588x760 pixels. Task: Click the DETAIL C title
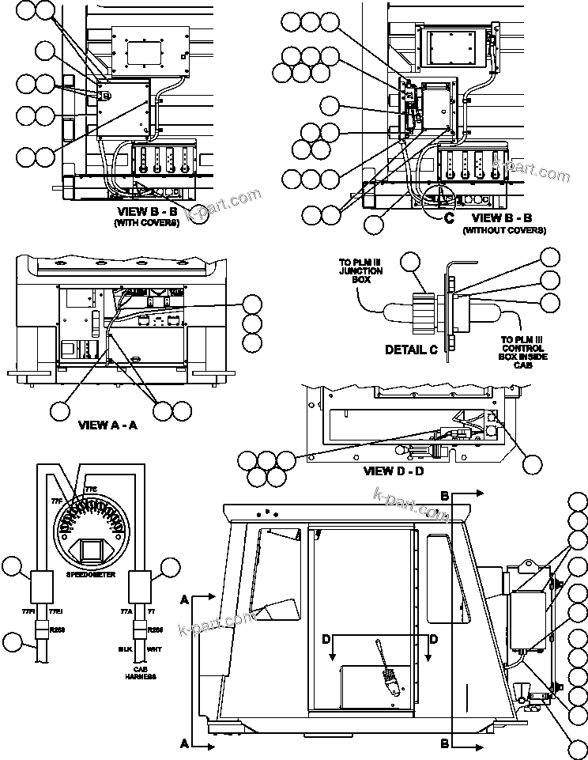coord(411,349)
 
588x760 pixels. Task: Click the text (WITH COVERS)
coord(147,223)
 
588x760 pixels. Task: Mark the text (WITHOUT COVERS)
coord(503,230)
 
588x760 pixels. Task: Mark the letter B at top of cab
coord(444,495)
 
